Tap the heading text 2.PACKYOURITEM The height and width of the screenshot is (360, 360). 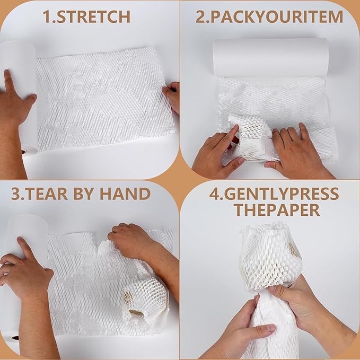coord(269,16)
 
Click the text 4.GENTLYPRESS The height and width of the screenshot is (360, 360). coord(274,193)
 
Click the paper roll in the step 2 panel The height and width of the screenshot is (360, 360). coord(270,57)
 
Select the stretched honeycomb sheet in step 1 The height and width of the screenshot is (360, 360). coord(103,98)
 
